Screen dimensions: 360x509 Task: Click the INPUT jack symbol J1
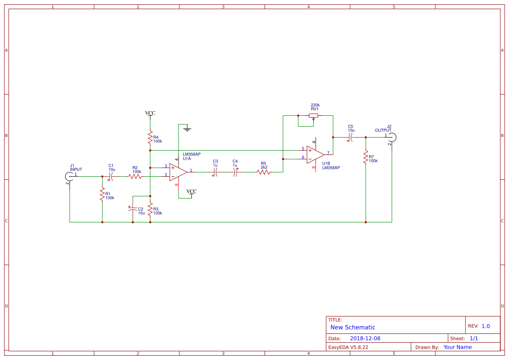click(69, 176)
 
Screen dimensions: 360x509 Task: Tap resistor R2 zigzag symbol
click(135, 176)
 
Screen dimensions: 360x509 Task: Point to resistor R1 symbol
click(102, 194)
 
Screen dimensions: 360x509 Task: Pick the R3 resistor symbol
click(150, 209)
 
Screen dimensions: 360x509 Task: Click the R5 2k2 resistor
click(263, 172)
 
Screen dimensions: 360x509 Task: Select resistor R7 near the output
click(366, 158)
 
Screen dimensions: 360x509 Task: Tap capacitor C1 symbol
click(111, 176)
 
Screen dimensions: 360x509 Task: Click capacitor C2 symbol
click(133, 209)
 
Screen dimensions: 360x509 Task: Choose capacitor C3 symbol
click(216, 172)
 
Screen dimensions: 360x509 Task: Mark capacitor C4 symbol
click(235, 172)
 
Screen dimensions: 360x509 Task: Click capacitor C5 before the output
click(351, 137)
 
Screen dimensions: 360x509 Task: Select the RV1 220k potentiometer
click(313, 116)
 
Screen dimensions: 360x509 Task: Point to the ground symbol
click(187, 128)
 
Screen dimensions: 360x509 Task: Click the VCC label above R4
click(150, 113)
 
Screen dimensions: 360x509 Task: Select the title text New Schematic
click(353, 327)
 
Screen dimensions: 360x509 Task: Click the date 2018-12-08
click(365, 338)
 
